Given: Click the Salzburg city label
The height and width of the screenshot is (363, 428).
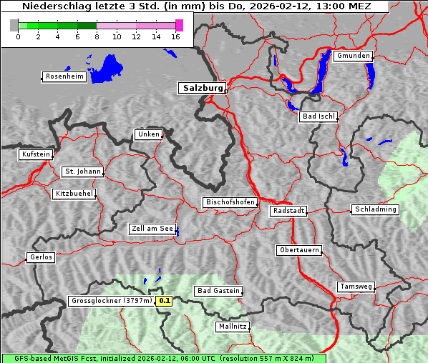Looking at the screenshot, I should [x=201, y=88].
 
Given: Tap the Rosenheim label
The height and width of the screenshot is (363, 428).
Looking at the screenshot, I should [x=64, y=76].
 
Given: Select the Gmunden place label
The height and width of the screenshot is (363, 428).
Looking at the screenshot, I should [x=353, y=56].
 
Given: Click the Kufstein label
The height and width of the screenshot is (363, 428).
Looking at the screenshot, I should [x=36, y=154].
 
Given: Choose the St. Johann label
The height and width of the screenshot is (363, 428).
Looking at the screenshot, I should [x=82, y=171].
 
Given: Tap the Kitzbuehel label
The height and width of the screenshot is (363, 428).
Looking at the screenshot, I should [x=74, y=194].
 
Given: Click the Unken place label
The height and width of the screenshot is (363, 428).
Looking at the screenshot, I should [x=148, y=134].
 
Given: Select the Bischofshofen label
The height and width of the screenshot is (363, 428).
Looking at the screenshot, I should [x=230, y=203].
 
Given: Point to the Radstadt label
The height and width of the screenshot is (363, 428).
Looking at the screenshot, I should [x=288, y=211].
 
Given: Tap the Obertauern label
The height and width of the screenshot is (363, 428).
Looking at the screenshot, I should [x=298, y=250].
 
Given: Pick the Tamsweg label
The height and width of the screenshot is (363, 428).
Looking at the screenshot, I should [x=356, y=287].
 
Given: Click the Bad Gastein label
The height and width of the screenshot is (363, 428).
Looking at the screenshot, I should [x=218, y=291].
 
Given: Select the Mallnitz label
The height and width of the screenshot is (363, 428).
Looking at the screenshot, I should [x=232, y=327].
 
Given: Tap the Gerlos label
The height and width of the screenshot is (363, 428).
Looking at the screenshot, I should [x=41, y=257].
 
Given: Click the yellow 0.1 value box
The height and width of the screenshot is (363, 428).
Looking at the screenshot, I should [x=165, y=301].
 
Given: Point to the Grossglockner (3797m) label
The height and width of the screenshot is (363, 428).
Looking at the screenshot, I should [x=111, y=301].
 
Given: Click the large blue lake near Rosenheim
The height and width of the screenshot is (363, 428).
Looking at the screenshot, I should [x=107, y=68].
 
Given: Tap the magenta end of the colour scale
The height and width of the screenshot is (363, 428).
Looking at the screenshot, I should [x=179, y=25].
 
